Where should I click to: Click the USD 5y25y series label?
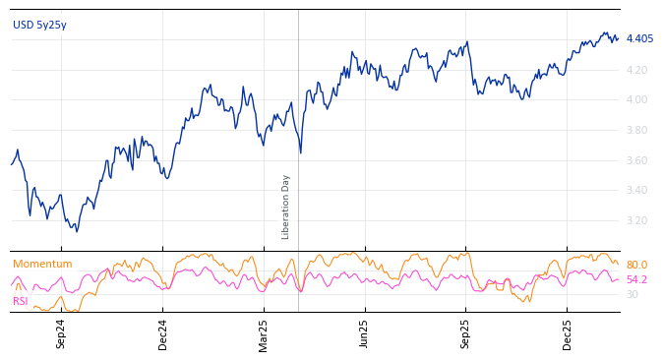pyautogui.click(x=39, y=25)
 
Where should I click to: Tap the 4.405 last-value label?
pyautogui.click(x=639, y=39)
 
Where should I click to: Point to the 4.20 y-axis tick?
pyautogui.click(x=637, y=70)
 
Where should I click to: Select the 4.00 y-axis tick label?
pyautogui.click(x=637, y=100)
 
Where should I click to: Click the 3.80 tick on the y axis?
pyautogui.click(x=637, y=130)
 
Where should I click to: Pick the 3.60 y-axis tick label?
pyautogui.click(x=637, y=160)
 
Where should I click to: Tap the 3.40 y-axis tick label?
pyautogui.click(x=637, y=191)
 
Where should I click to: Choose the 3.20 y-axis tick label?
pyautogui.click(x=637, y=220)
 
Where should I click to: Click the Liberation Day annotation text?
pyautogui.click(x=286, y=207)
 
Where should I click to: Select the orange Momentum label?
pyautogui.click(x=42, y=265)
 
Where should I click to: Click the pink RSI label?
pyautogui.click(x=21, y=301)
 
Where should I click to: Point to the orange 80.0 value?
pyautogui.click(x=636, y=266)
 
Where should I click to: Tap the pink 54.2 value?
pyautogui.click(x=636, y=280)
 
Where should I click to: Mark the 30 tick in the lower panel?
pyautogui.click(x=632, y=294)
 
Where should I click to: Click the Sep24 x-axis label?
pyautogui.click(x=61, y=333)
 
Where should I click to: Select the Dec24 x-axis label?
pyautogui.click(x=163, y=333)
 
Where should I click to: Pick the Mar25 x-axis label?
pyautogui.click(x=264, y=333)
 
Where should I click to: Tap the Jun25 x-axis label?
pyautogui.click(x=365, y=333)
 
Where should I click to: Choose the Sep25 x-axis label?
pyautogui.click(x=466, y=333)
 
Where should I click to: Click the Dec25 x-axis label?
pyautogui.click(x=568, y=333)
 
